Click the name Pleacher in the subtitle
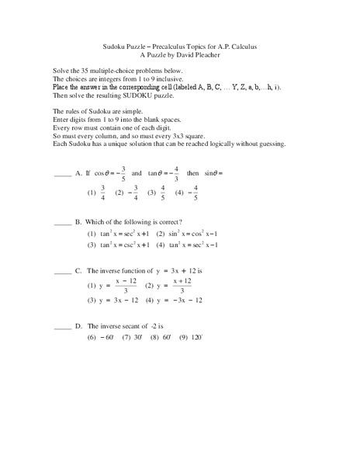[206, 56]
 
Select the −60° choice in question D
[101, 338]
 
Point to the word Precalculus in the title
[169, 47]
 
